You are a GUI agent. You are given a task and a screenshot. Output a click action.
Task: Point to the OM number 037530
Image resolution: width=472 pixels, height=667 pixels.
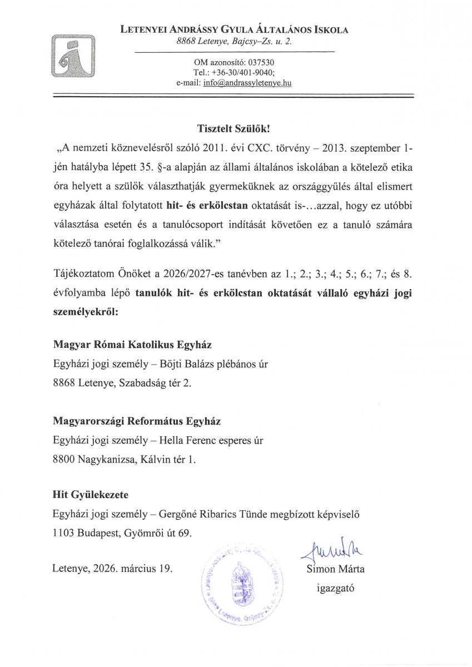point(261,62)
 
